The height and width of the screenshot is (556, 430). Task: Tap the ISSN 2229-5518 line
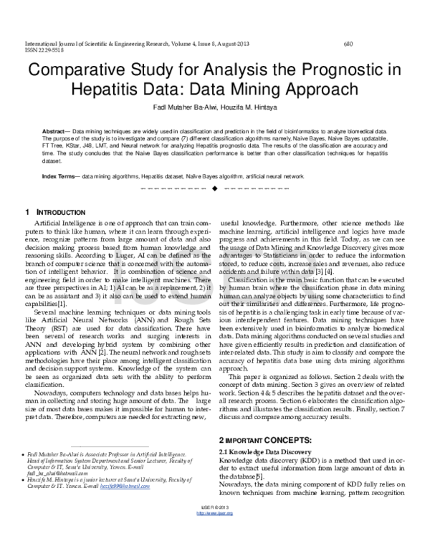pos(44,51)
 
